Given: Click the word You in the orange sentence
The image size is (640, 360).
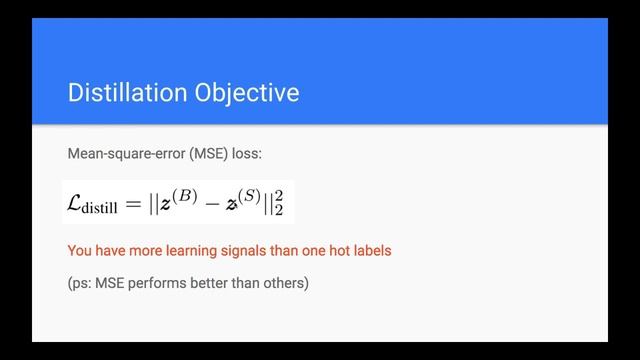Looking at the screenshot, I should (x=80, y=250).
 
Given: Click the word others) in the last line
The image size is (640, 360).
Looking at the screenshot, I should (x=287, y=283).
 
